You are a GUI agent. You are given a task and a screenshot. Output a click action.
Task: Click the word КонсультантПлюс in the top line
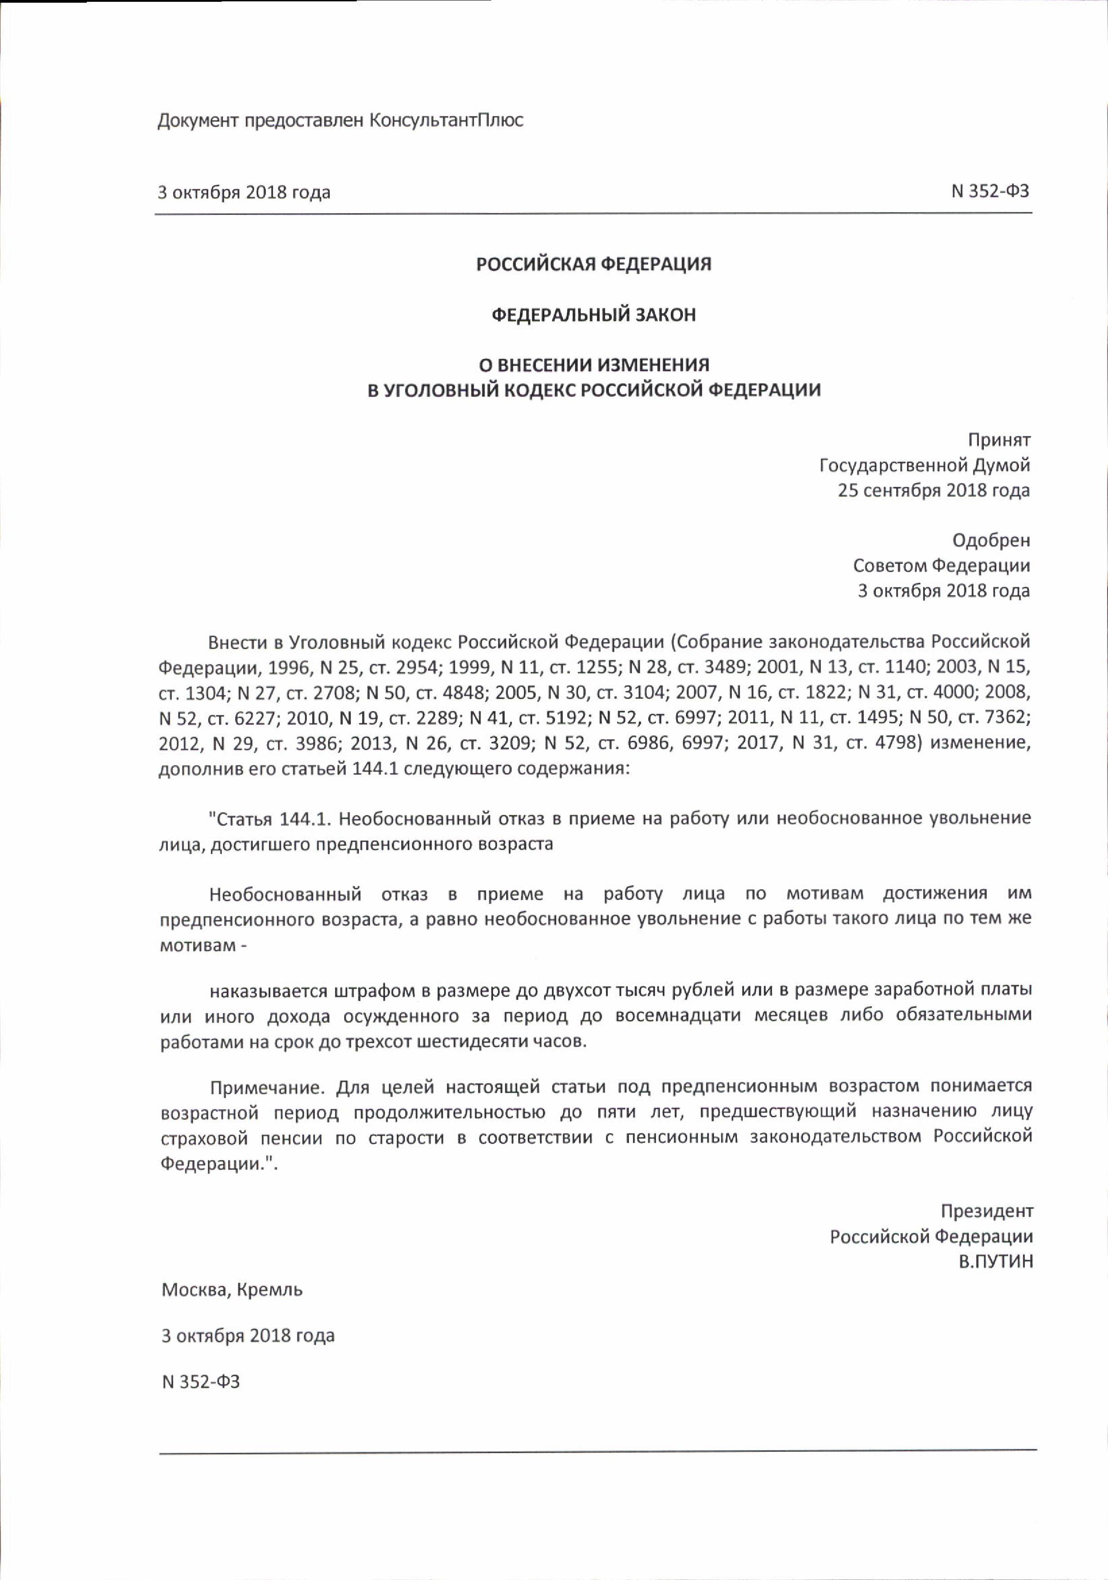[447, 121]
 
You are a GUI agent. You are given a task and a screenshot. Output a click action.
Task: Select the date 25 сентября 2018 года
[934, 491]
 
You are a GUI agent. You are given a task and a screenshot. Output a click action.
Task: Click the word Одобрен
[991, 540]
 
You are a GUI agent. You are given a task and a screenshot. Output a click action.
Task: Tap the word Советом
[890, 566]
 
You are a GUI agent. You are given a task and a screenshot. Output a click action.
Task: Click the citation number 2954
[416, 668]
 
